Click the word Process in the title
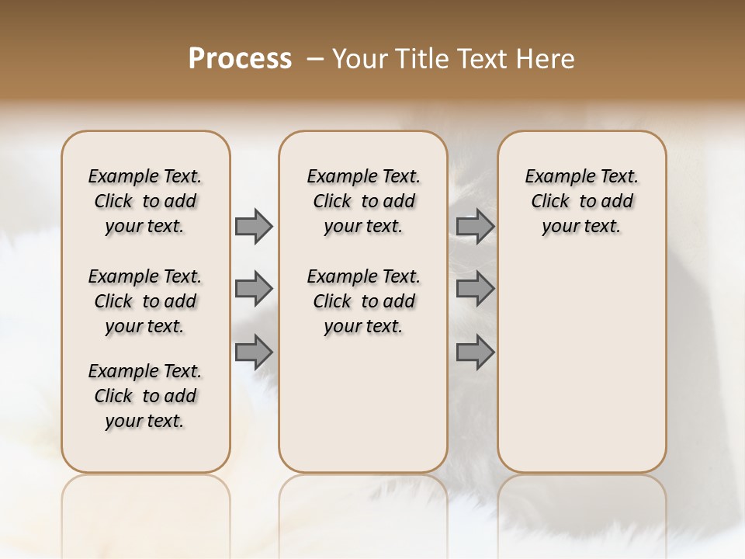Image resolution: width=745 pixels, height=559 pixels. (x=240, y=58)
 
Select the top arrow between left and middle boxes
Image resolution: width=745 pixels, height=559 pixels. (x=254, y=226)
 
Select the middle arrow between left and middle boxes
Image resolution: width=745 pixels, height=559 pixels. (x=254, y=289)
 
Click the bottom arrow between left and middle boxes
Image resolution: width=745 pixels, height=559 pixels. (x=254, y=352)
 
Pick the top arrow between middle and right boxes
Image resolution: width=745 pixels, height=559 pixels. (x=475, y=226)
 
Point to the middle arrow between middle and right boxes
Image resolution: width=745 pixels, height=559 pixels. (x=475, y=289)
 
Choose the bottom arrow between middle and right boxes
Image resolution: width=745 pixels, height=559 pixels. (x=475, y=352)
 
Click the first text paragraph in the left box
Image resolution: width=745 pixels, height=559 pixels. (x=145, y=201)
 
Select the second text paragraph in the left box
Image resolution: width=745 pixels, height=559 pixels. (x=145, y=301)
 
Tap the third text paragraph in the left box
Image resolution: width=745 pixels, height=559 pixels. (x=145, y=396)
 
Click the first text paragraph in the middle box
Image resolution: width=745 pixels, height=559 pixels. (x=363, y=201)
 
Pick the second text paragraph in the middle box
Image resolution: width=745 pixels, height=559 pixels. (x=363, y=301)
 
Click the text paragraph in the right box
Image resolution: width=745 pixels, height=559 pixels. (x=581, y=201)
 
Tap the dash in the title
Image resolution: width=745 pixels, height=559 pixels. (x=314, y=59)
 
